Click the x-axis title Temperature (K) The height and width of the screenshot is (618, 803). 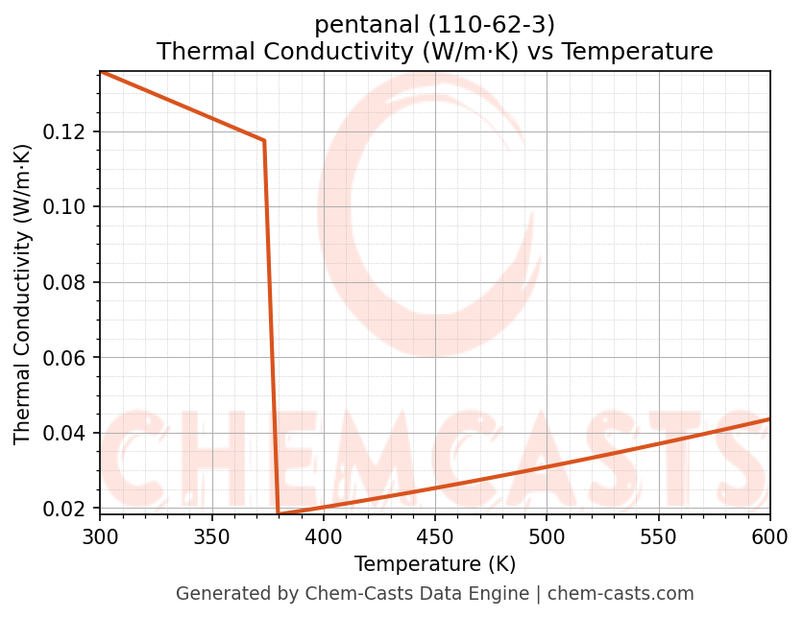[x=435, y=563]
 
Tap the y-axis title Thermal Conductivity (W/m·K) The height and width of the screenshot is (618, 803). [x=23, y=294]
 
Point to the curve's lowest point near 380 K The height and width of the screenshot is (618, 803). [x=279, y=514]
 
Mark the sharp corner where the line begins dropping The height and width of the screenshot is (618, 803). [x=263, y=141]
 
